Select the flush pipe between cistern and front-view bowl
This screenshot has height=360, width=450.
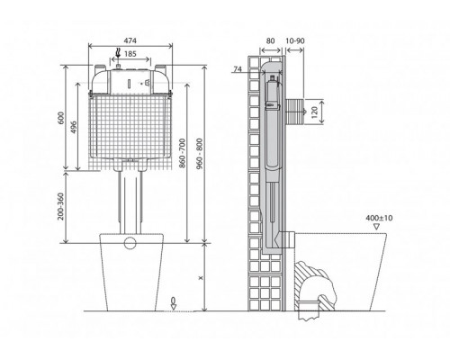tap(131, 202)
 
